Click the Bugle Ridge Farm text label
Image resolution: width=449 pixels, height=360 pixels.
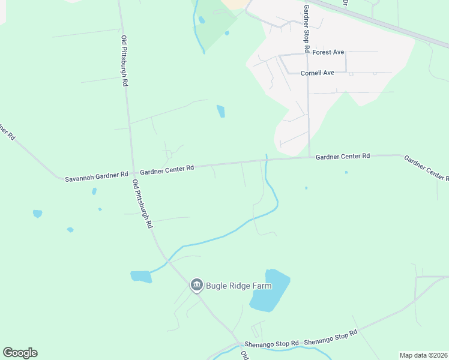tap(238, 286)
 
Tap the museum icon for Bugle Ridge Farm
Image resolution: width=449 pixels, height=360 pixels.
tap(196, 285)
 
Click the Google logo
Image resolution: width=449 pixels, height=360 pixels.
tap(20, 353)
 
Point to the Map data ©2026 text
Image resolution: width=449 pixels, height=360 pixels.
tap(423, 355)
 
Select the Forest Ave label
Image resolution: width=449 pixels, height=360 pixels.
tap(328, 52)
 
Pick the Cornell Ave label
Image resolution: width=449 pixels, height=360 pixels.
tap(318, 73)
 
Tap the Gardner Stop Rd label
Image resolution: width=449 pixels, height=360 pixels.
tap(306, 28)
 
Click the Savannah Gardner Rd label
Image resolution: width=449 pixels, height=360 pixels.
tap(97, 175)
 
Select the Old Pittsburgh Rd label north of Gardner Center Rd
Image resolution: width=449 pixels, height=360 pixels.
tap(125, 61)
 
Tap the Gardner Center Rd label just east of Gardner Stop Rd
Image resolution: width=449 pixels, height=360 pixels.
tap(342, 156)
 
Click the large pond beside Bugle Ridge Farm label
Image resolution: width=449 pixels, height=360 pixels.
tap(270, 291)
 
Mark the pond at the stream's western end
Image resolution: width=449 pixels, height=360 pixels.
tap(140, 277)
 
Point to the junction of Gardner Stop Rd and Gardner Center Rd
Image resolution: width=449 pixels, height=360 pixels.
tap(309, 157)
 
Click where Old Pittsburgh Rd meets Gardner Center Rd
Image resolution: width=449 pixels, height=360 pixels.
tap(132, 172)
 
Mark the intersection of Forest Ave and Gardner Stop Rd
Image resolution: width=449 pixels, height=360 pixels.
tap(307, 54)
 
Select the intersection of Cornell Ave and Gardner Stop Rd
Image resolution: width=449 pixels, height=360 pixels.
tap(308, 73)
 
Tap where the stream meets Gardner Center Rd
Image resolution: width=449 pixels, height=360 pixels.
tap(266, 160)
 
